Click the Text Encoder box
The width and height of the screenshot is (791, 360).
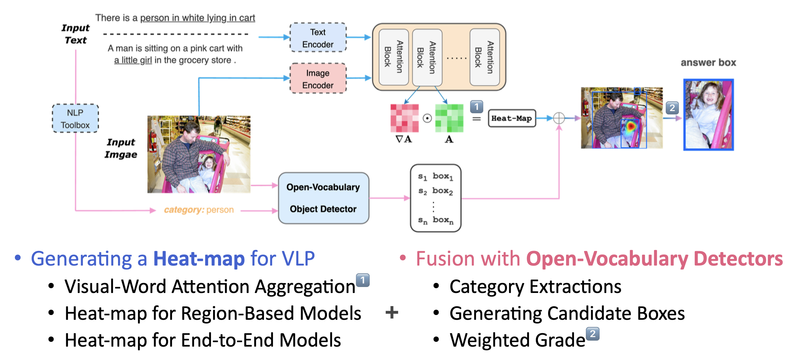[x=318, y=38]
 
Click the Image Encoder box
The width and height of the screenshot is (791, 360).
[x=318, y=79]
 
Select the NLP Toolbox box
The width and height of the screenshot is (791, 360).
[x=75, y=119]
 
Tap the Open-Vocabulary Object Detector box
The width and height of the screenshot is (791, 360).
[x=323, y=198]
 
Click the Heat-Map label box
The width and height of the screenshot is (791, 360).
[x=511, y=118]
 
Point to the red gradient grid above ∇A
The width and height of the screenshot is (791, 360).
[x=404, y=118]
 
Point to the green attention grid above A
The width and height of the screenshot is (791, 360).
[x=449, y=118]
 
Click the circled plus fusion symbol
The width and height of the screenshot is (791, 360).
[x=559, y=118]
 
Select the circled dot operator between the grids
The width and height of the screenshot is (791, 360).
[x=427, y=118]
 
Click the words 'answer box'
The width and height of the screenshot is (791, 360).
[x=708, y=63]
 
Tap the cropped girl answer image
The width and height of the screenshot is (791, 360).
[x=708, y=114]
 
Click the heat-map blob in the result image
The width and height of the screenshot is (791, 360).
[x=630, y=126]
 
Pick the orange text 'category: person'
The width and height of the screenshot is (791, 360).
[x=199, y=210]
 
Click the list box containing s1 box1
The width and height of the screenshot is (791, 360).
[x=435, y=198]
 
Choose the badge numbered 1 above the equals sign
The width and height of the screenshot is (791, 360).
[x=476, y=107]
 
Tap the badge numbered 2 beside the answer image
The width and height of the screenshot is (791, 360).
[x=672, y=108]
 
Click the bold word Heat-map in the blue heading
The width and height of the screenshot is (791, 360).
[x=199, y=259]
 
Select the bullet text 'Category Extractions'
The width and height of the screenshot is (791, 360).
[x=535, y=287]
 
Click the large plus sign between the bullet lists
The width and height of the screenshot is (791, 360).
[x=392, y=313]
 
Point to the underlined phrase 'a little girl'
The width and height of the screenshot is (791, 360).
[x=133, y=60]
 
